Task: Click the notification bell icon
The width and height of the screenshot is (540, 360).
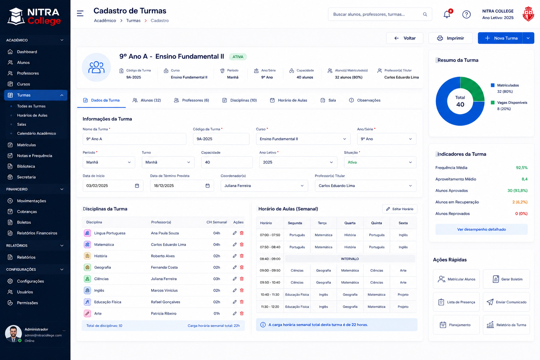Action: (447, 14)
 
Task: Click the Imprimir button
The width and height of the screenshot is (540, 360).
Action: (450, 38)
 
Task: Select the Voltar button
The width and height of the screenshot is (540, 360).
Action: (405, 38)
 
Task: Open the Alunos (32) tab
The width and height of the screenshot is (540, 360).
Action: (147, 100)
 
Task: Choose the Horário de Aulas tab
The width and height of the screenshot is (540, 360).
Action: (289, 100)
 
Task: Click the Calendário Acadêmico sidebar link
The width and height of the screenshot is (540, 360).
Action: (37, 133)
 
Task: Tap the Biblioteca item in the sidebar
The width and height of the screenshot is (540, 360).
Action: (26, 166)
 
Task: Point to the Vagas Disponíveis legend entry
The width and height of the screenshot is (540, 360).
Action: (509, 105)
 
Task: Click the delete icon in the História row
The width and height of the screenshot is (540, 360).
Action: (242, 256)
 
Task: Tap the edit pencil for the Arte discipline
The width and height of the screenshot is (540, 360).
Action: (234, 314)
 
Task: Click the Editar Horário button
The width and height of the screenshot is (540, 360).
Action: (400, 209)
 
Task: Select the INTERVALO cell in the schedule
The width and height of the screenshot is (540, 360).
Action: (350, 259)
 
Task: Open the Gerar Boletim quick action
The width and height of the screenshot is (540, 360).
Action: (506, 279)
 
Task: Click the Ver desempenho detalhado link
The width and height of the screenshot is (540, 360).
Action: (481, 229)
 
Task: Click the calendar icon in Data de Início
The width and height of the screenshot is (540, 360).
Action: (137, 186)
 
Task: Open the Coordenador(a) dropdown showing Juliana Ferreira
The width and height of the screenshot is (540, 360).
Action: (264, 186)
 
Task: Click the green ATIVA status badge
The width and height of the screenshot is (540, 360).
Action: (238, 57)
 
